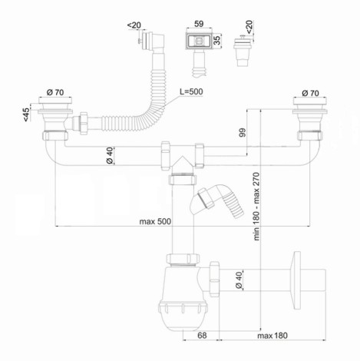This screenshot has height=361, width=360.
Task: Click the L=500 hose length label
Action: (x=191, y=91)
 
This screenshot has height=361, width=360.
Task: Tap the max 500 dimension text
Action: (x=155, y=221)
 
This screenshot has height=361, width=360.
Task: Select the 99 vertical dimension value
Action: (x=242, y=132)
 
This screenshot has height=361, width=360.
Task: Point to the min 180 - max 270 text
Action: (x=256, y=207)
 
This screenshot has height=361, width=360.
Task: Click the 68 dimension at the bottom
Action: (x=202, y=336)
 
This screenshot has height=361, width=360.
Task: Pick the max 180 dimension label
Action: (x=272, y=336)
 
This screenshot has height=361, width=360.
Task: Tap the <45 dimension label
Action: (x=26, y=114)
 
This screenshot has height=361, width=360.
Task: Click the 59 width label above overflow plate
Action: (x=199, y=24)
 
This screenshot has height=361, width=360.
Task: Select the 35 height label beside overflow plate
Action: (x=217, y=40)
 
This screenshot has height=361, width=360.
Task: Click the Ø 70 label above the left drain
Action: (x=55, y=92)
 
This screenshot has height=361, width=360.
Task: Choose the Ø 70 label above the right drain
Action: (x=310, y=93)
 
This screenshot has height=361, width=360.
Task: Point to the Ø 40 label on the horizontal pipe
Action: (x=109, y=156)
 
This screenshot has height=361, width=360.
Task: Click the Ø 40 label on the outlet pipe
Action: (x=239, y=280)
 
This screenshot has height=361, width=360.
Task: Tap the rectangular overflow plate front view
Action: (x=199, y=41)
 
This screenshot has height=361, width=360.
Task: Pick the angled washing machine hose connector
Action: (x=216, y=201)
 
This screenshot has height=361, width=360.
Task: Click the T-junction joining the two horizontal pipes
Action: (x=182, y=156)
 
